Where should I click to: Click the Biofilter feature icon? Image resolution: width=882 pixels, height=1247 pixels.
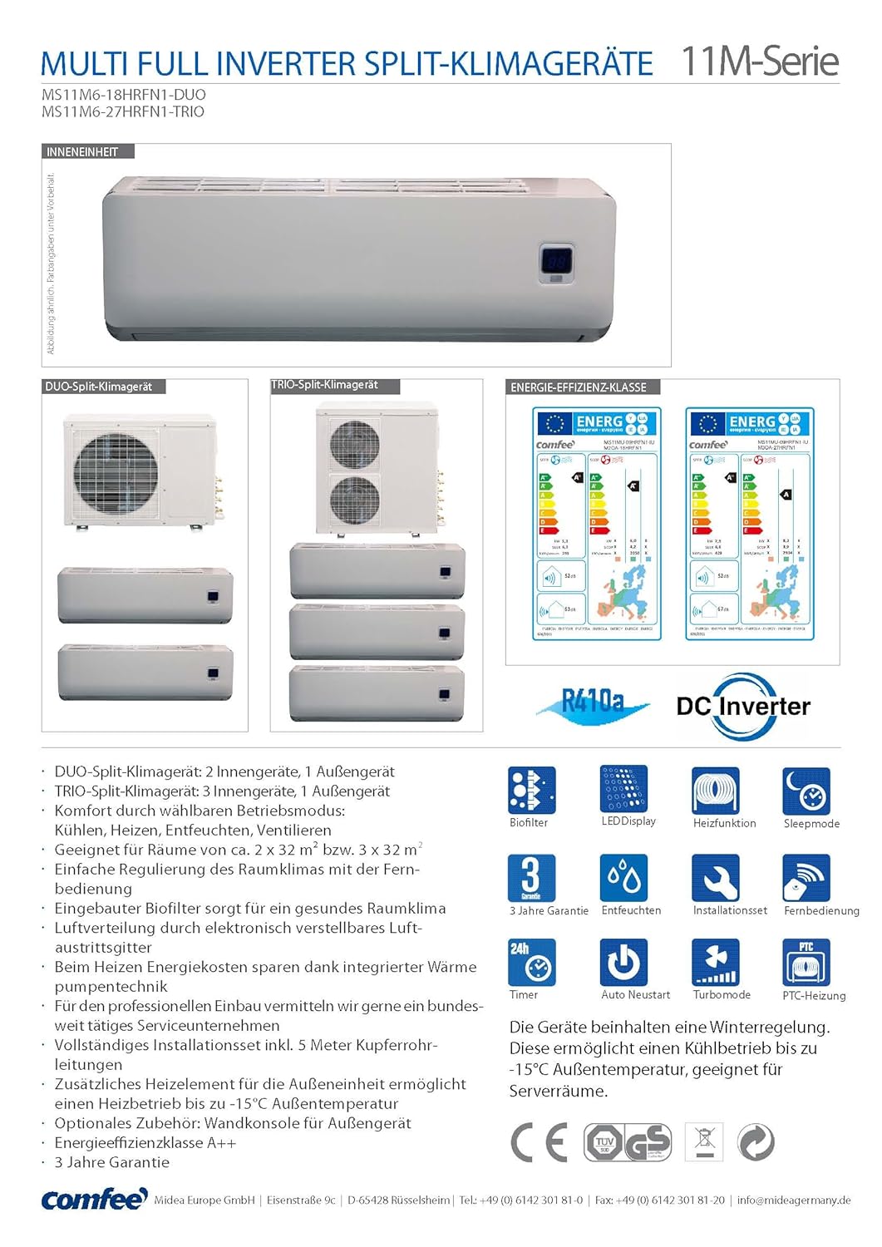pos(531,790)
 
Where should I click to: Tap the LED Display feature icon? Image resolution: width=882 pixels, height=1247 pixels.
pos(623,789)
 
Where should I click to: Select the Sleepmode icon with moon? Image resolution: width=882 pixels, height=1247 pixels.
pos(806,791)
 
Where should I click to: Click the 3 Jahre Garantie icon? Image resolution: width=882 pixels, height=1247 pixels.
pos(531,878)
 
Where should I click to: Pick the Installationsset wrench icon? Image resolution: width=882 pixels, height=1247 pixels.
pos(715,878)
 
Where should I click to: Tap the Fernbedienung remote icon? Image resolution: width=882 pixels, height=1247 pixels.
pos(806,878)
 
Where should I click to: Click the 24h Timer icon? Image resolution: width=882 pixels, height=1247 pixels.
pos(531,962)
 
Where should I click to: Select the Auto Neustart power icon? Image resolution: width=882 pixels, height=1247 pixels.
pos(623,962)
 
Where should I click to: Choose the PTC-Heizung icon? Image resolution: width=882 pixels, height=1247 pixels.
pos(806,962)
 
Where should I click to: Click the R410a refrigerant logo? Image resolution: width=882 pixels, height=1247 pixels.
pos(593,704)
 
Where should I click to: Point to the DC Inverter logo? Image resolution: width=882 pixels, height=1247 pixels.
pos(742,707)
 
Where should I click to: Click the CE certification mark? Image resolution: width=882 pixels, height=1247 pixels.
pos(538,1142)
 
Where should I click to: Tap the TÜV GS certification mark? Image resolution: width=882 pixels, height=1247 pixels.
pos(627,1142)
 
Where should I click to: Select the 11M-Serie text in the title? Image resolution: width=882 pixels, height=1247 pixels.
pos(760,62)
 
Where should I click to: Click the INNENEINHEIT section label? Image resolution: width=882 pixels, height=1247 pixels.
pos(82,152)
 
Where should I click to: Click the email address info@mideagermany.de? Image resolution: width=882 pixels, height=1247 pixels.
pos(793,1200)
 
